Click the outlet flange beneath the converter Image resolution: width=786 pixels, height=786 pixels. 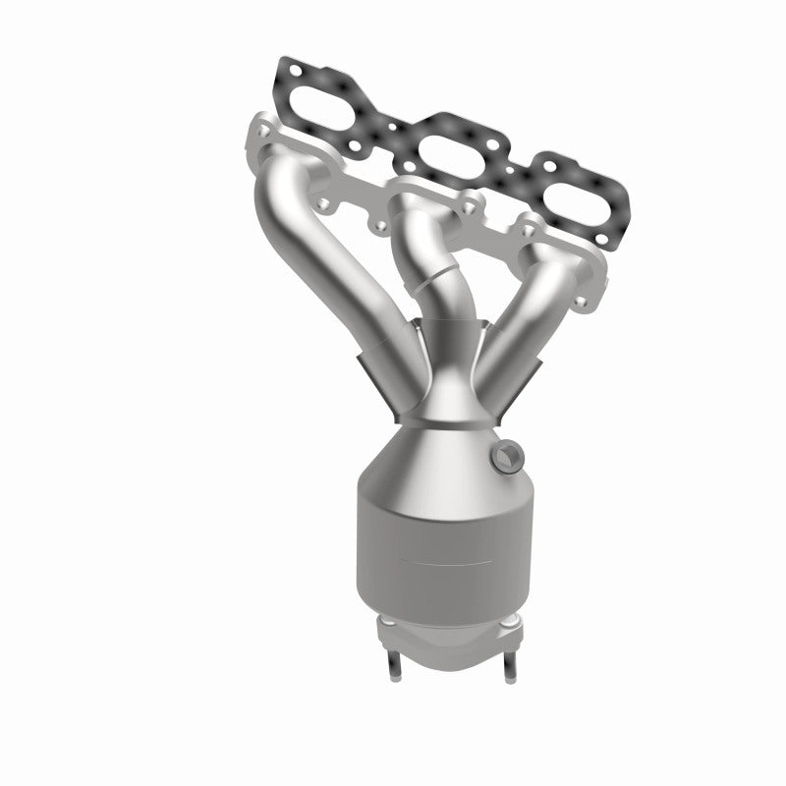[452, 639]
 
